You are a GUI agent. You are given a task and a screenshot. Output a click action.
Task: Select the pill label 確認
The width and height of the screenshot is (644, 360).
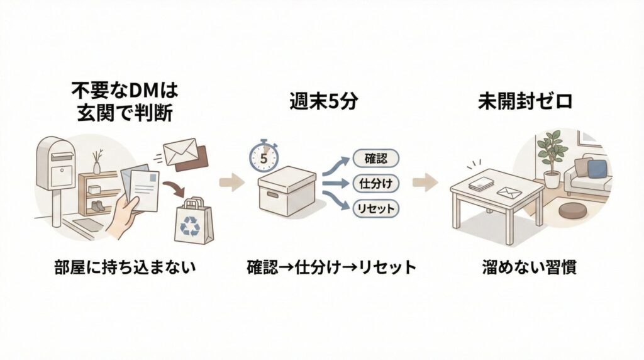(x=376, y=158)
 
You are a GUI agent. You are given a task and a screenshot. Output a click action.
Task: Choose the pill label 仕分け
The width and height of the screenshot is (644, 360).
(x=376, y=183)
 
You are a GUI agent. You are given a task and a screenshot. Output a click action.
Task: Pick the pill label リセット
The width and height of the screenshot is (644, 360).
(x=376, y=208)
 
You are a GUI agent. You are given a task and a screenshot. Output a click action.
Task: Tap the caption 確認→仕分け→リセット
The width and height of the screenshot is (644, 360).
(x=331, y=267)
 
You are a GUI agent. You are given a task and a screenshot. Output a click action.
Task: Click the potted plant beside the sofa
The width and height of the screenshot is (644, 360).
(x=550, y=154)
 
